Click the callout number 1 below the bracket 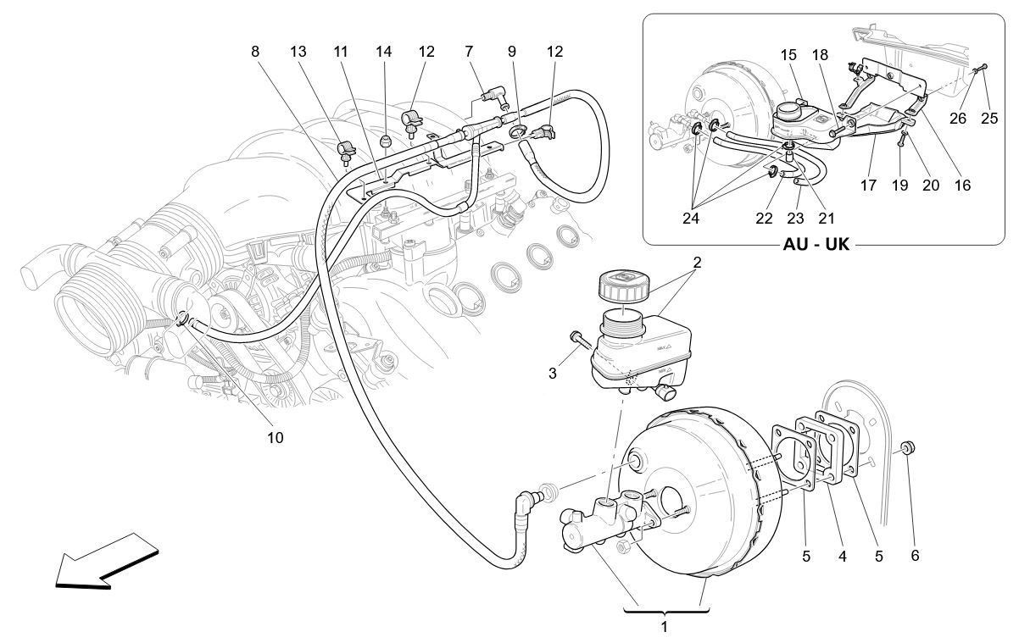(665, 628)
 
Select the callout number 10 (276, 438)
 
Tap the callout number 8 (255, 52)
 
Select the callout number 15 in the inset (788, 53)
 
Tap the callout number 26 (958, 118)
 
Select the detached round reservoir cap (623, 284)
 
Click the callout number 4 (842, 557)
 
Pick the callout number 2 (696, 262)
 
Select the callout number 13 (298, 52)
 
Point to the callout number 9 (512, 52)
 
